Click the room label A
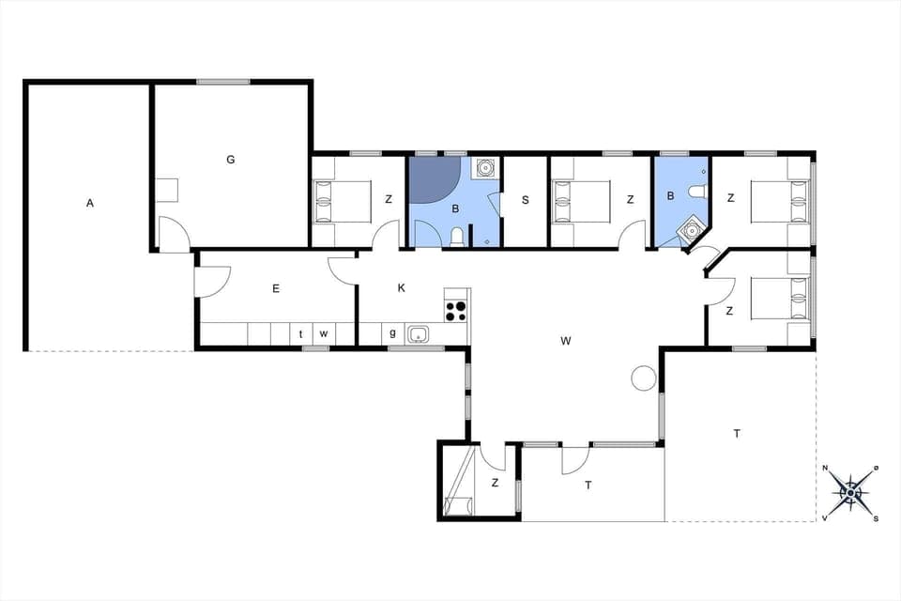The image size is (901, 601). (x=90, y=202)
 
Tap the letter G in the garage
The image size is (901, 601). (x=230, y=160)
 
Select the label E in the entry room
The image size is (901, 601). (x=276, y=288)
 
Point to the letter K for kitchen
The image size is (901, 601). (x=401, y=287)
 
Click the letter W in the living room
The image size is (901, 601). (x=565, y=341)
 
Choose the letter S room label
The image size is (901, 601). (x=526, y=199)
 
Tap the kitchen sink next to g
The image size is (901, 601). (x=419, y=333)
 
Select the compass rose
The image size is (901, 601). (x=850, y=491)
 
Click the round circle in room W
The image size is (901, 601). (x=643, y=378)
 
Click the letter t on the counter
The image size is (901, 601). (x=301, y=333)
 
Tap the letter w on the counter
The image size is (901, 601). (x=323, y=333)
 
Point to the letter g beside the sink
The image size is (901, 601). (x=393, y=332)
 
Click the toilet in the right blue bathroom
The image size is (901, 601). (x=696, y=193)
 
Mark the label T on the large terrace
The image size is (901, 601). (x=737, y=433)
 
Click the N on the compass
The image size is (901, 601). (x=825, y=469)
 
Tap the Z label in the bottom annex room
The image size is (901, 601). (x=495, y=483)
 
